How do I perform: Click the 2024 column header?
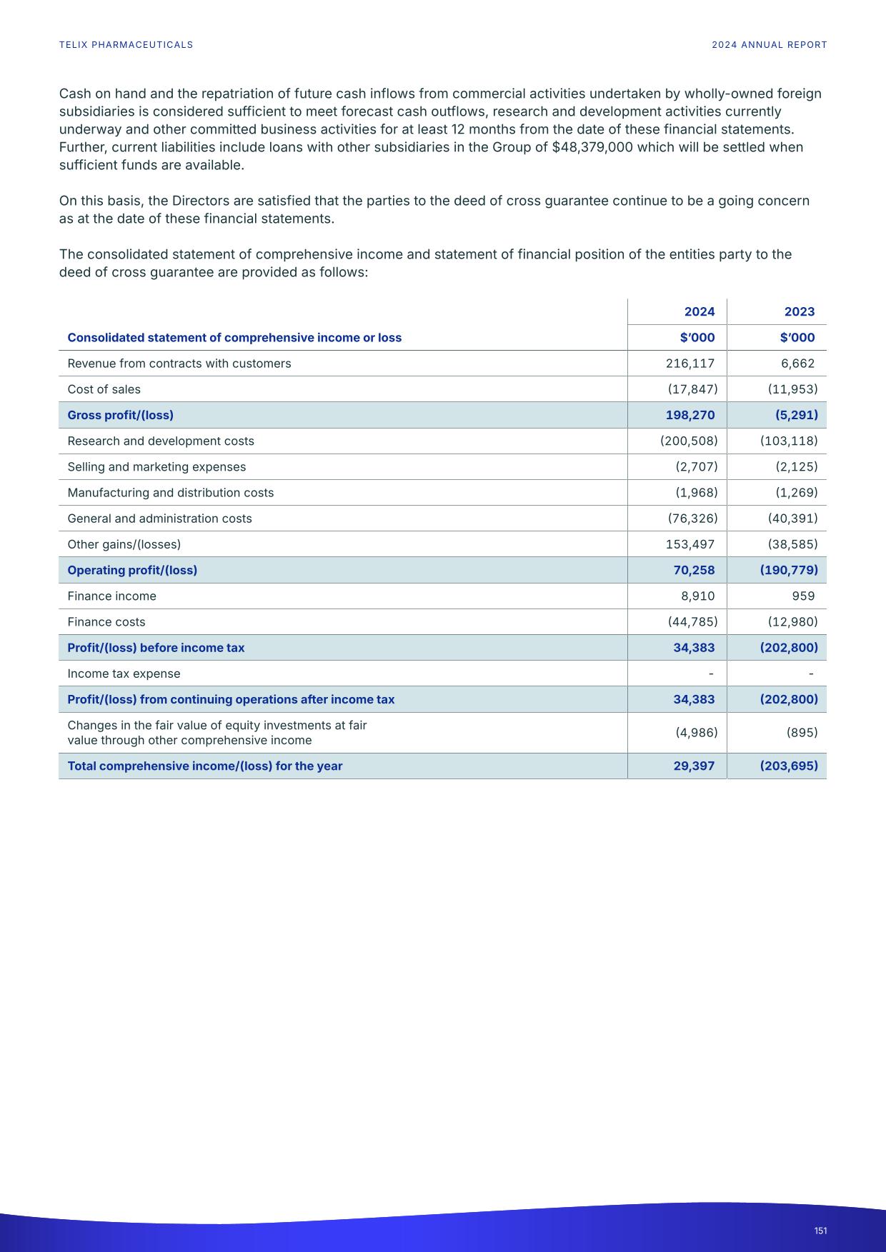coord(699,311)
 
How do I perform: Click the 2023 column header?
coord(799,311)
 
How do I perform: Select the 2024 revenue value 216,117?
coord(690,364)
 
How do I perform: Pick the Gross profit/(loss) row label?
coord(120,415)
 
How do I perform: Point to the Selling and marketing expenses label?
coord(156,467)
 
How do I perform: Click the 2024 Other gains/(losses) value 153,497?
coord(690,544)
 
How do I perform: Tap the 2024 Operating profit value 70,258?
coord(694,570)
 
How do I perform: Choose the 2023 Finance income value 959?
coord(803,596)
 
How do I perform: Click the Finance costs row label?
coord(106,622)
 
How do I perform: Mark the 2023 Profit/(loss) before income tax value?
coord(789,648)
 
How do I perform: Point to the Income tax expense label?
coord(124,673)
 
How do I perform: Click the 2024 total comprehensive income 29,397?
coord(694,766)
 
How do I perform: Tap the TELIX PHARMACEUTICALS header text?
coord(126,45)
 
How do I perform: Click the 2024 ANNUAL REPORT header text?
coord(769,45)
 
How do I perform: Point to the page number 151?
coord(820,1231)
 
